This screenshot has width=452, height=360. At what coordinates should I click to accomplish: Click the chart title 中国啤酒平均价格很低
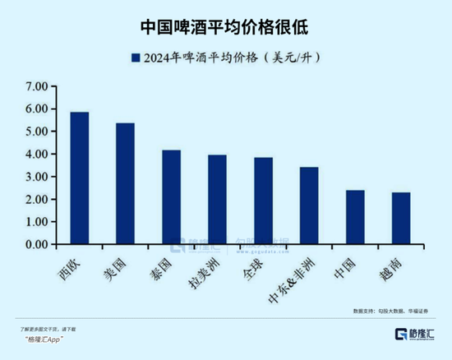[x=226, y=25]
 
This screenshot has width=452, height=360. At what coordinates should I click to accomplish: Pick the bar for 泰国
[x=171, y=197]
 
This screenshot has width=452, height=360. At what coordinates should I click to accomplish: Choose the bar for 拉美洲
[x=217, y=200]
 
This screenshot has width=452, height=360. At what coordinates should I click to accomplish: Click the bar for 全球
[x=263, y=201]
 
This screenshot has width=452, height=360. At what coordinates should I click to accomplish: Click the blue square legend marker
[x=134, y=58]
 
